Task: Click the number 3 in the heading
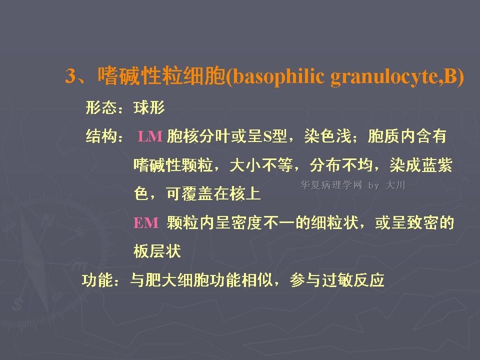(70, 75)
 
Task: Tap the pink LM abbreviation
(150, 136)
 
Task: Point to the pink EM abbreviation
(145, 223)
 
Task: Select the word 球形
(149, 108)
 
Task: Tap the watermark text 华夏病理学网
(331, 185)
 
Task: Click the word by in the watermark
(374, 186)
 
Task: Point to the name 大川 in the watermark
(395, 185)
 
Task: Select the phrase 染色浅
(327, 136)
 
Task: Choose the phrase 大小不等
(261, 165)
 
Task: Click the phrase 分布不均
(341, 165)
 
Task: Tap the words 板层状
(157, 251)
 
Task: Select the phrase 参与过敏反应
(337, 280)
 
